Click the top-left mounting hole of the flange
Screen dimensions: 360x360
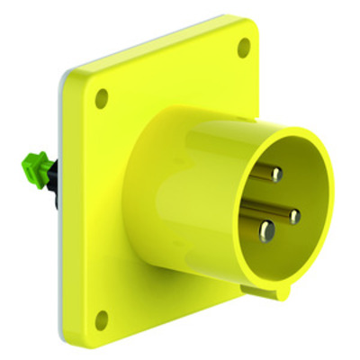[x=102, y=97]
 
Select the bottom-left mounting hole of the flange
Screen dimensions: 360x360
[x=102, y=317]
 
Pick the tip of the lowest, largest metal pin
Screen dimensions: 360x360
[x=266, y=230]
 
